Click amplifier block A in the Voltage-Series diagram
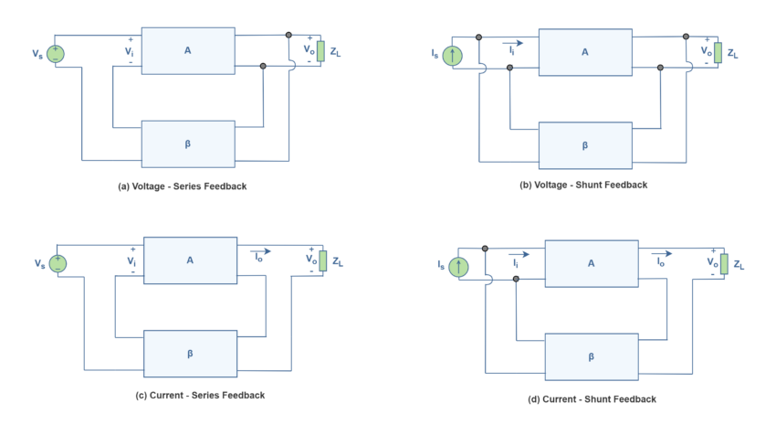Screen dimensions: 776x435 tap(188, 51)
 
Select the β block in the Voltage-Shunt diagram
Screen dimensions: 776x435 tap(585, 145)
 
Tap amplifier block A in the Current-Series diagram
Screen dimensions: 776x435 tap(191, 260)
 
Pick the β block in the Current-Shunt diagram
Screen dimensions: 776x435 tap(592, 357)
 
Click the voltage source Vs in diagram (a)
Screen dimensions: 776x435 tap(56, 54)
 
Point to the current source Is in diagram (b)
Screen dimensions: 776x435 tap(452, 56)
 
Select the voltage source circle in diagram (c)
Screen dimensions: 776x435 tap(58, 263)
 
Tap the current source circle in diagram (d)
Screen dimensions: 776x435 tap(459, 267)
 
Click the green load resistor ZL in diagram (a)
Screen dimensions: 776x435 tap(320, 51)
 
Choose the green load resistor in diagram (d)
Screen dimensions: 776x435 tap(724, 264)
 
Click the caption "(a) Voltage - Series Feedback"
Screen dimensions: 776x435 tap(182, 186)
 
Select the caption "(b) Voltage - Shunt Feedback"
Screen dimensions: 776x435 tap(583, 185)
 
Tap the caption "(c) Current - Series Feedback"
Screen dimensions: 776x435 tap(200, 396)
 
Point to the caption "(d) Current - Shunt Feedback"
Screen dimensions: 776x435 tap(592, 399)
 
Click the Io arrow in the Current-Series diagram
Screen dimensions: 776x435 tap(260, 251)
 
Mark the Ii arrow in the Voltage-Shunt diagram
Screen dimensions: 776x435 tap(512, 44)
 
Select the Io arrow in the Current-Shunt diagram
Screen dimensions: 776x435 tap(662, 254)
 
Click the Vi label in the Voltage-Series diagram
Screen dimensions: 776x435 tap(129, 51)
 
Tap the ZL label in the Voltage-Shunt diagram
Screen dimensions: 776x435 tap(732, 54)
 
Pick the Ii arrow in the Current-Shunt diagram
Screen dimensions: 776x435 tap(519, 255)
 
